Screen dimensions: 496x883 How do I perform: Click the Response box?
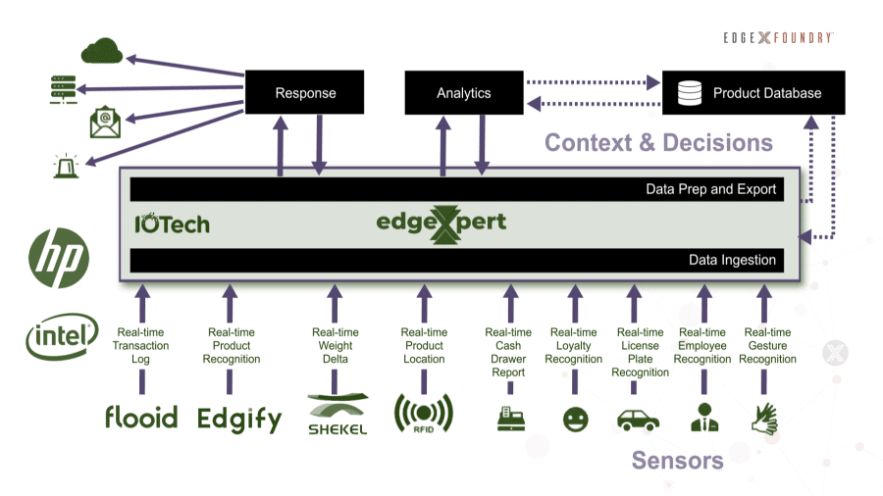(305, 93)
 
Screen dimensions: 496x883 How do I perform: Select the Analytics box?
(463, 93)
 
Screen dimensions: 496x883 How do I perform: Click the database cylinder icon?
(691, 93)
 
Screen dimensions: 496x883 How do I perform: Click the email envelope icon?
(104, 124)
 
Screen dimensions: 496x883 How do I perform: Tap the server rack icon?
(63, 88)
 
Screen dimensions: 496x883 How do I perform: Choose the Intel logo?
(61, 338)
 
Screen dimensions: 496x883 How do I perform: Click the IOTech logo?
(172, 223)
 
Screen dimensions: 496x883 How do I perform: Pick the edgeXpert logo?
(441, 223)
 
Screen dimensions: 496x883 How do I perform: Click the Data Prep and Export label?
(710, 189)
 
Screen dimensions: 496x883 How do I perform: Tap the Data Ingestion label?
(732, 260)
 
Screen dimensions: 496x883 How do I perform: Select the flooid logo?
(141, 417)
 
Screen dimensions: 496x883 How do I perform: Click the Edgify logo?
(239, 419)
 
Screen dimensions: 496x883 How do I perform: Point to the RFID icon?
(423, 414)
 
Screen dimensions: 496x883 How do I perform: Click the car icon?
(638, 419)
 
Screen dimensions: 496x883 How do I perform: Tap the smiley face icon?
(574, 419)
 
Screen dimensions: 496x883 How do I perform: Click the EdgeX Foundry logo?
(779, 36)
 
